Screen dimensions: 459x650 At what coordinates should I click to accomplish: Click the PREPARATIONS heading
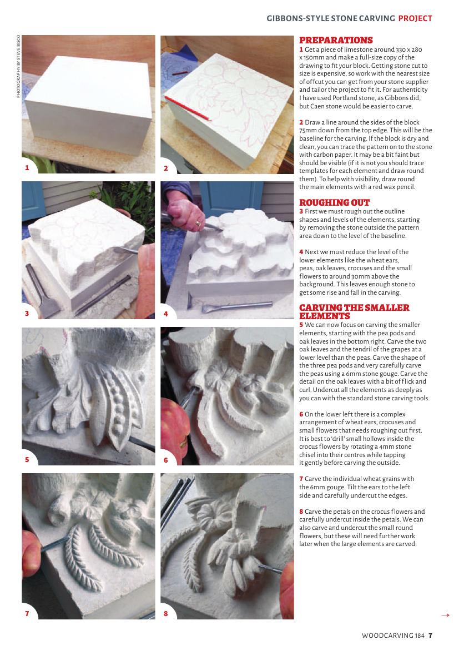click(336, 40)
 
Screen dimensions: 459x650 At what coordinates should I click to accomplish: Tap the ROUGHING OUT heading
click(334, 202)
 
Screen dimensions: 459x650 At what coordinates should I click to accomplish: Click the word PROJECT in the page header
click(415, 18)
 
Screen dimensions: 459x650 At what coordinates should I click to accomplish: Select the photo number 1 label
click(27, 168)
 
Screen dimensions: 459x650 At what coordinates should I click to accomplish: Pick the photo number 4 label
click(166, 314)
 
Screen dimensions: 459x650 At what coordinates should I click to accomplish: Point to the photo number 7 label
click(27, 613)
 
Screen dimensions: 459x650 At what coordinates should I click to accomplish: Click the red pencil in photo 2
click(188, 108)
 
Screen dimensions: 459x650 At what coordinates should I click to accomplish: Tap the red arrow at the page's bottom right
click(445, 615)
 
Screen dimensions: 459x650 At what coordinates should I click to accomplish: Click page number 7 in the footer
click(431, 636)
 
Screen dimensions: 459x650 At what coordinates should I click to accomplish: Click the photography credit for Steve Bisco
click(18, 66)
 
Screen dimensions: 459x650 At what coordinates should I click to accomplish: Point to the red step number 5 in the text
click(301, 325)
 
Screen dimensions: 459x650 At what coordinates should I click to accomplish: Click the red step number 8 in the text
click(301, 512)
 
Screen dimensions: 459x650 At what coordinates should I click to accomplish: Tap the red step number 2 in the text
click(301, 122)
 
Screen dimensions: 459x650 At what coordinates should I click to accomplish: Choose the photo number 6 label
click(166, 460)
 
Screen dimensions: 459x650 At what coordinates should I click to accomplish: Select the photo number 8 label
click(166, 613)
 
